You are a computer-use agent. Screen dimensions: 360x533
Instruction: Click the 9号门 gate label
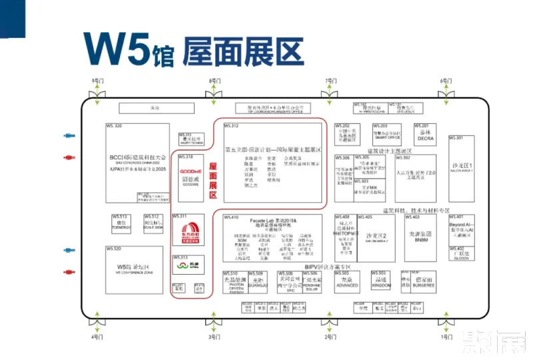98,81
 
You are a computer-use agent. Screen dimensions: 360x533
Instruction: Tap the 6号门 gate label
445,81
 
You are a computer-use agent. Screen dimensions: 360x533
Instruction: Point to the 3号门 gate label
214,337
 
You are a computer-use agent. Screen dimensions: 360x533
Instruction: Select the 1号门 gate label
445,337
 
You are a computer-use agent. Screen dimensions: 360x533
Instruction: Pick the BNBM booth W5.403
421,237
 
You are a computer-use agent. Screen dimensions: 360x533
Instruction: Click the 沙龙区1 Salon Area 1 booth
461,167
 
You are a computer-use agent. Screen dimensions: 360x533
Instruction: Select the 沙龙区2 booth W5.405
376,237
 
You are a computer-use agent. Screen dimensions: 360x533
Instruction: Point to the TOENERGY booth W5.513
121,225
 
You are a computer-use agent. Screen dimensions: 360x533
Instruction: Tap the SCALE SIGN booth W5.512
153,225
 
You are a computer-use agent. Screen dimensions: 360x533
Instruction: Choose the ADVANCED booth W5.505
346,283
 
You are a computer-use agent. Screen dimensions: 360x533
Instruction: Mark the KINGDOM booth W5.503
381,283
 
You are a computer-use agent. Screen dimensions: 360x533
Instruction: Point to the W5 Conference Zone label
135,269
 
